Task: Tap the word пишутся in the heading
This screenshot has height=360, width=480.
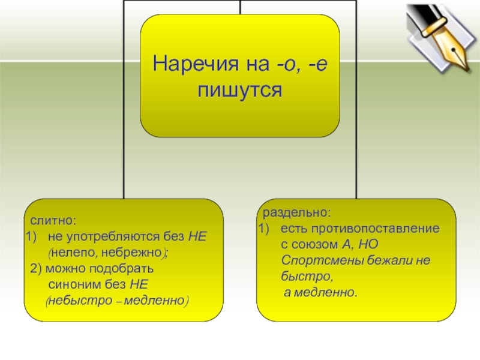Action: click(x=240, y=90)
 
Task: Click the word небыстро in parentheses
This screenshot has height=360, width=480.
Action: click(x=73, y=299)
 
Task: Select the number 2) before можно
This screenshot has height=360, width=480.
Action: click(x=36, y=268)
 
